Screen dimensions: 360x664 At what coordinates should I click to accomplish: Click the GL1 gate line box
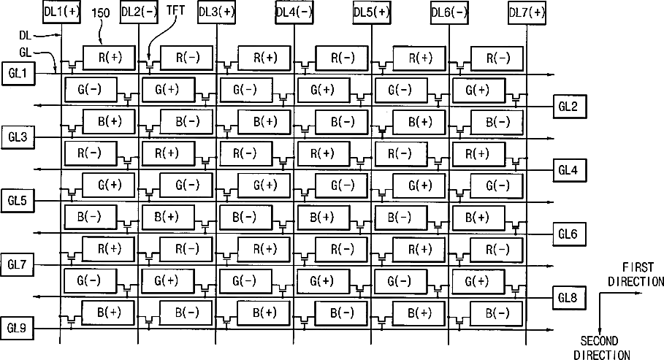[x=18, y=74]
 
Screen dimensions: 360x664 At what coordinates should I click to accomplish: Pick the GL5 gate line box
[x=18, y=199]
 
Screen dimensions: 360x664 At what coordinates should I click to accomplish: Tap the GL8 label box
[x=568, y=296]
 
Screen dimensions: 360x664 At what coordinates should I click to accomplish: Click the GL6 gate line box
[x=568, y=234]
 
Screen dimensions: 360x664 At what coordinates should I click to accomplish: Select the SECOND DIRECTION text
[x=600, y=348]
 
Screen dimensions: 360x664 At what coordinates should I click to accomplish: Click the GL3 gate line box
[x=18, y=137]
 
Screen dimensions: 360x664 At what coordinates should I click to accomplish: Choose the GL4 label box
[x=568, y=170]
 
